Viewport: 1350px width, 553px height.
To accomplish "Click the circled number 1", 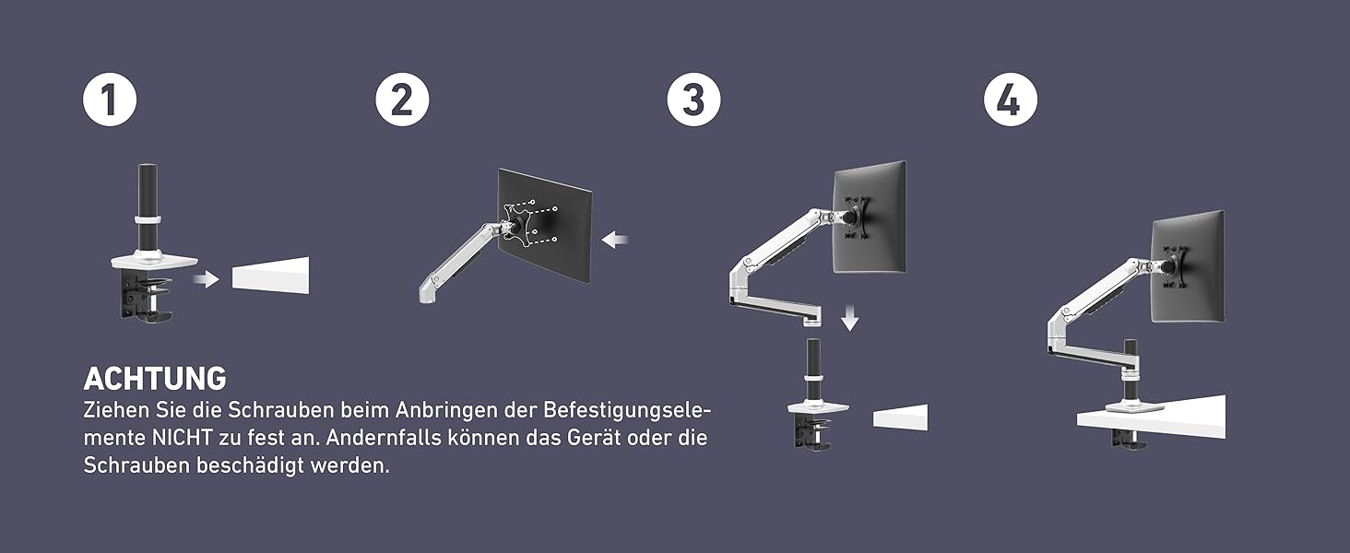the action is pyautogui.click(x=110, y=100).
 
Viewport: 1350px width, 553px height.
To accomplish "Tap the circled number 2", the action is pyautogui.click(x=402, y=100).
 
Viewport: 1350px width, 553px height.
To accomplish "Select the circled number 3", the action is pyautogui.click(x=693, y=100).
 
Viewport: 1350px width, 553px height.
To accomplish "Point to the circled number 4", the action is pyautogui.click(x=1011, y=100).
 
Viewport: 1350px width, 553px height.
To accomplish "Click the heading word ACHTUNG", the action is pyautogui.click(x=155, y=379).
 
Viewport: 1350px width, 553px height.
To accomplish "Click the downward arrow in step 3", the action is pyautogui.click(x=850, y=318).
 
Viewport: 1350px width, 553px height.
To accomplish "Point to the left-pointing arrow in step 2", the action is pyautogui.click(x=615, y=239).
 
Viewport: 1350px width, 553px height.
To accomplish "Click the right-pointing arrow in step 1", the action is pyautogui.click(x=207, y=279).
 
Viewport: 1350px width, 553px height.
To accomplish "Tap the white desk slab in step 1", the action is pyautogui.click(x=270, y=276).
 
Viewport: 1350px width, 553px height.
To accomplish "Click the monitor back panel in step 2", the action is pyautogui.click(x=545, y=225).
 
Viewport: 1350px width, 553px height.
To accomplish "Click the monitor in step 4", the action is pyautogui.click(x=1188, y=266).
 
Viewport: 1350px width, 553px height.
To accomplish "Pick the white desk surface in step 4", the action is pyautogui.click(x=1152, y=417).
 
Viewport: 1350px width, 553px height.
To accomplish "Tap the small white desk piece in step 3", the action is pyautogui.click(x=900, y=417).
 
